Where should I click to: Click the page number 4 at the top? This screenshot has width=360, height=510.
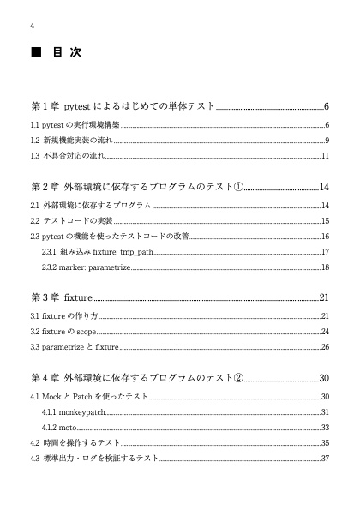(x=32, y=24)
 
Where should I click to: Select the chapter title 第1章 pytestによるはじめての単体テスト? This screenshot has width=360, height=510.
(x=123, y=107)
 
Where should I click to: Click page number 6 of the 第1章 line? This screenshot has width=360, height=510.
(x=327, y=107)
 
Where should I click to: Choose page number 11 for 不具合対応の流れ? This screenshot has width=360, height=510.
(x=326, y=156)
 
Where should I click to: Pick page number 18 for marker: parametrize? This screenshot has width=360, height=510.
(x=326, y=267)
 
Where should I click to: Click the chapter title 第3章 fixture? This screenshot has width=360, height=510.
(x=62, y=298)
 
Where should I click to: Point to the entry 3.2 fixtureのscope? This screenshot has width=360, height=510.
(x=63, y=332)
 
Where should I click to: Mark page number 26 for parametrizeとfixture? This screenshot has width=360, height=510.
(x=326, y=347)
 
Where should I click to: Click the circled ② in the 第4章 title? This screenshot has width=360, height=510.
(x=238, y=378)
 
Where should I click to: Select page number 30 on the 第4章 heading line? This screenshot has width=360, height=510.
(x=324, y=378)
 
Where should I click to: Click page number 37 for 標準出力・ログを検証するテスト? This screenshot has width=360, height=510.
(x=326, y=459)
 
